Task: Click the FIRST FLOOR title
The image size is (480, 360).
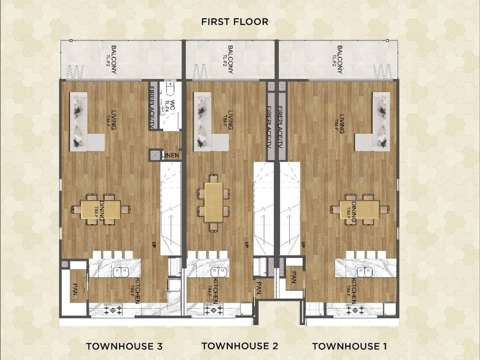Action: pyautogui.click(x=235, y=22)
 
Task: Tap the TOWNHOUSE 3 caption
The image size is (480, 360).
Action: pyautogui.click(x=124, y=346)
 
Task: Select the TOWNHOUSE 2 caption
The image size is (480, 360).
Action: pyautogui.click(x=240, y=346)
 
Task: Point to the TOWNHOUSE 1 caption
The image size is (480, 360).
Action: pyautogui.click(x=349, y=346)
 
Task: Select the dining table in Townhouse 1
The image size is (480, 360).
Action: pyautogui.click(x=360, y=209)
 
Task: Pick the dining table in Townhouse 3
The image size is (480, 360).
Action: pyautogui.click(x=101, y=209)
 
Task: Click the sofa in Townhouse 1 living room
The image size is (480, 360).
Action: pyautogui.click(x=378, y=124)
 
